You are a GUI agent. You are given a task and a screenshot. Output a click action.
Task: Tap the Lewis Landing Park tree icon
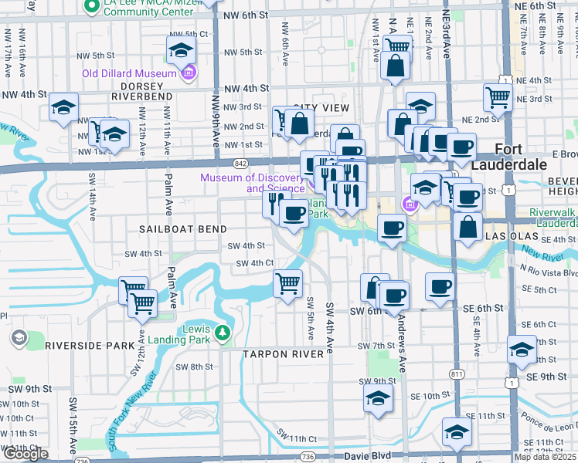pos(223,333)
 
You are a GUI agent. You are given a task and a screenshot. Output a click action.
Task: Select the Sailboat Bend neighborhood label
pos(183,229)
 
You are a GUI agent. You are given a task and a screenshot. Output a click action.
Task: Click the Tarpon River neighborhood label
pos(280,354)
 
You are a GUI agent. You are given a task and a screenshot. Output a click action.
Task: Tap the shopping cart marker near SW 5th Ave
pos(288,283)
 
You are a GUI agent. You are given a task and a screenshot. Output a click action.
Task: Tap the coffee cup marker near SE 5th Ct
pos(440,286)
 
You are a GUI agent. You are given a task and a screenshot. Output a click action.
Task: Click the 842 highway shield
pos(240,164)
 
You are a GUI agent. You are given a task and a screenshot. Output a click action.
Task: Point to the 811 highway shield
pos(457,373)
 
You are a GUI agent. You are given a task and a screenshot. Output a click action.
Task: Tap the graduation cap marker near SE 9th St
pos(522,350)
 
